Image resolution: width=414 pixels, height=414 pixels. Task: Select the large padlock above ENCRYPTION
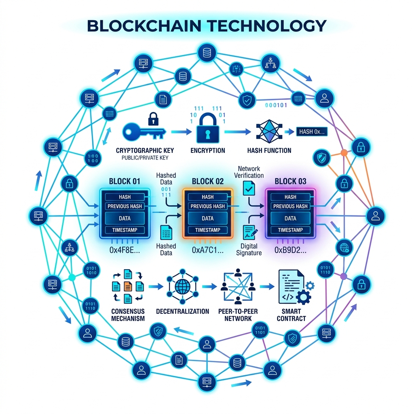tap(207, 130)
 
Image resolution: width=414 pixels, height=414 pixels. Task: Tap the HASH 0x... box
tap(312, 131)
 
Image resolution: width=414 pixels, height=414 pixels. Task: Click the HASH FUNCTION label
tap(269, 150)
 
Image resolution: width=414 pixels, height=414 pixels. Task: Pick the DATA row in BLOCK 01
tap(125, 218)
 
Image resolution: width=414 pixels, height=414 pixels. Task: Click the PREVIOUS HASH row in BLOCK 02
tap(208, 206)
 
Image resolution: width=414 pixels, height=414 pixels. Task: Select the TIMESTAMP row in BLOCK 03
tap(290, 230)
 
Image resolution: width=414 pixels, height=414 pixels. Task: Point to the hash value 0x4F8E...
tap(125, 250)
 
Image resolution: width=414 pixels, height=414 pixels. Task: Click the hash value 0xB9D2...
tap(290, 250)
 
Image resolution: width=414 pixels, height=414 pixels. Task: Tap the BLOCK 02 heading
tap(208, 181)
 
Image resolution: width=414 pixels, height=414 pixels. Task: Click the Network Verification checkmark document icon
tap(248, 187)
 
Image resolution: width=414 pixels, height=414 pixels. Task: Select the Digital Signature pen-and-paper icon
tap(248, 232)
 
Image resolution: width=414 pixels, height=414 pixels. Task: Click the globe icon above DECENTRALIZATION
tap(181, 286)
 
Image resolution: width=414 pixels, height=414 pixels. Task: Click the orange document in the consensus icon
tap(127, 286)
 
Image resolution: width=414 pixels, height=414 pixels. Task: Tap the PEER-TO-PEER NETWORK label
tap(238, 315)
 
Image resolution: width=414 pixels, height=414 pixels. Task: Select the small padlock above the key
tap(152, 118)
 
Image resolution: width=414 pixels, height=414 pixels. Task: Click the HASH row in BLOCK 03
tap(290, 197)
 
